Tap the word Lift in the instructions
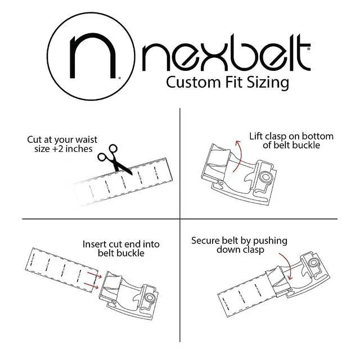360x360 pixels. tap(258, 137)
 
